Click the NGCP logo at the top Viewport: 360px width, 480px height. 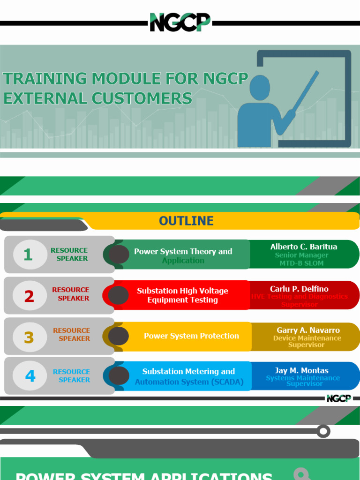tap(180, 22)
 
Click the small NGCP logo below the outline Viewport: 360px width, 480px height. tap(338, 398)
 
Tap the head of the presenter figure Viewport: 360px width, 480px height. tap(259, 88)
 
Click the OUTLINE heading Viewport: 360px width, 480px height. tap(186, 221)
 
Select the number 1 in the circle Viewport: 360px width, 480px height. tap(28, 255)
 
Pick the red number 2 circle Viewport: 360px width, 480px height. tap(29, 296)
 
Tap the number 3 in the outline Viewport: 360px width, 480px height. tap(29, 337)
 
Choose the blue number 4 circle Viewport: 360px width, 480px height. tap(30, 376)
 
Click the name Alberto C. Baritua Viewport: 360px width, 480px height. tap(304, 247)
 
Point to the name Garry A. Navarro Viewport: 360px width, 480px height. tap(308, 330)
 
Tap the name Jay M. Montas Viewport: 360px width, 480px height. tap(301, 370)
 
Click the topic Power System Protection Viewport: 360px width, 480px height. tap(191, 336)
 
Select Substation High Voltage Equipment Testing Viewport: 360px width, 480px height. tap(182, 295)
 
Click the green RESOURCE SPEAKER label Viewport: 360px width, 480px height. tap(69, 255)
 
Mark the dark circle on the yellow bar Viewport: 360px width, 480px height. tap(119, 336)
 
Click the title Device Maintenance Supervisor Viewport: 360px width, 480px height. tap(307, 341)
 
